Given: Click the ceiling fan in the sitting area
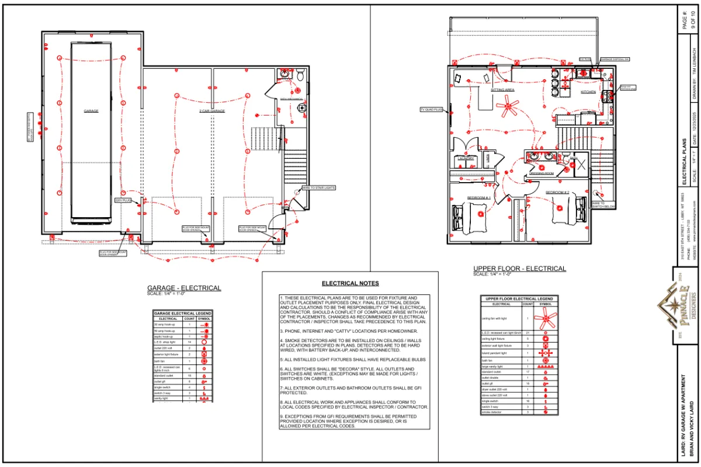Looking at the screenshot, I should pos(507,106).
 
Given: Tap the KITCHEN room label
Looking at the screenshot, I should pos(588,92).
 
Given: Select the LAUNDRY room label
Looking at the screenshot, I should pos(466,158).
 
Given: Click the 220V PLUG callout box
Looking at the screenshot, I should pos(122,200).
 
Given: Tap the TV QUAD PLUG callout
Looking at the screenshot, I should pos(432,109).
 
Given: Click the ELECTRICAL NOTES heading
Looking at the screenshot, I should pos(350,283).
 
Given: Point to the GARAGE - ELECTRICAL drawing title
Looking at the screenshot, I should pos(184,288).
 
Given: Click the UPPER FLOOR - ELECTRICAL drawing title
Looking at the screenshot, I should pos(519,269).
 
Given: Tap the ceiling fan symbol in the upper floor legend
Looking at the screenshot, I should pos(545,318).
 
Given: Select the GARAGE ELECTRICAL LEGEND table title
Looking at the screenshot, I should pos(182,313).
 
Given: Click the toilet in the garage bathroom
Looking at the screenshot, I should pos(299,75).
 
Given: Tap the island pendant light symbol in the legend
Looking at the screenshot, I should pos(545,353).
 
